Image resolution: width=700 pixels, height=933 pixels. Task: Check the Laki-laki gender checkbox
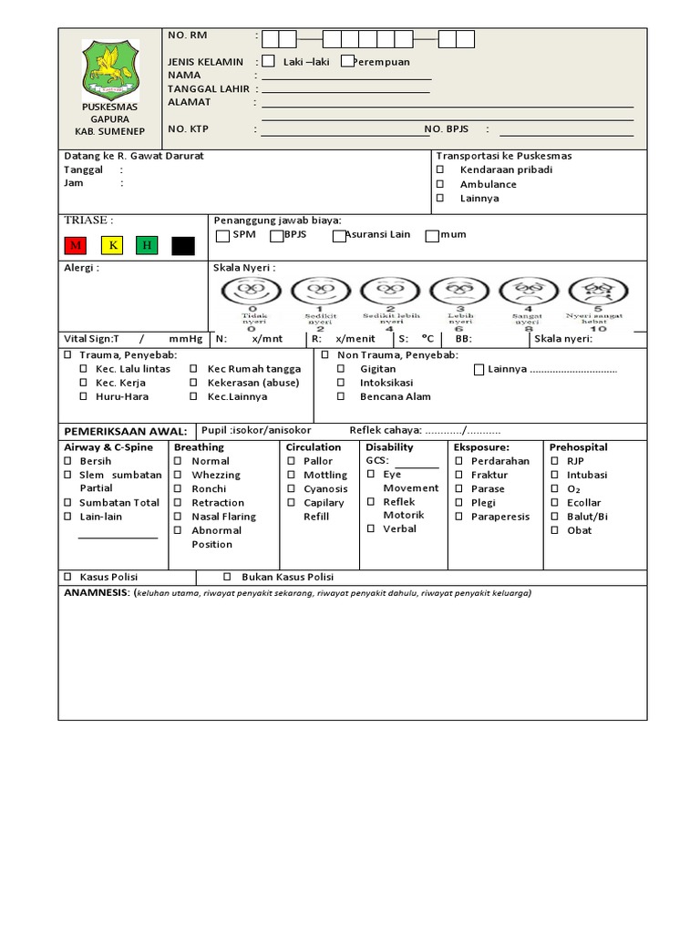click(268, 61)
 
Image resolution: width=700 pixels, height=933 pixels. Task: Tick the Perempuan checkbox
click(346, 61)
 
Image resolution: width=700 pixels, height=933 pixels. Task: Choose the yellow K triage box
click(112, 245)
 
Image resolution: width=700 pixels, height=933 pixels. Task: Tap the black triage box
click(183, 245)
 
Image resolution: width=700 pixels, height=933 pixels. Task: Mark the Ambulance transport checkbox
click(439, 184)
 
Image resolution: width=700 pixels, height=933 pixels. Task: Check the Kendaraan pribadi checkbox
click(439, 169)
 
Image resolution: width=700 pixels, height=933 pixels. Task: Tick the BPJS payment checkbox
click(277, 236)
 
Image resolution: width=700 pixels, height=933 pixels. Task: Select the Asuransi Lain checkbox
click(339, 236)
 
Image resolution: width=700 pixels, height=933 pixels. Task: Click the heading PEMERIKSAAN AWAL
click(125, 431)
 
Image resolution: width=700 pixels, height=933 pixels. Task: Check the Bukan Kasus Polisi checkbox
click(228, 578)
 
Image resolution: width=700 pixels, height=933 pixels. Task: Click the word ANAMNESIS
click(97, 593)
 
